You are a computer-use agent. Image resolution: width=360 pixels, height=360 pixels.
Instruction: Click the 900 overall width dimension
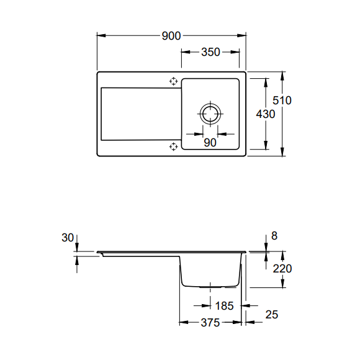coord(171,36)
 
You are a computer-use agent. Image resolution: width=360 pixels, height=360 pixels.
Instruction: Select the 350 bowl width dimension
coord(210,52)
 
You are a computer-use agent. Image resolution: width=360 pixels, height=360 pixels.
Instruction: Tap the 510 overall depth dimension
coord(282,101)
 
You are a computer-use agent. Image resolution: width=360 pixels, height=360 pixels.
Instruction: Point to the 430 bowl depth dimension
coord(266,114)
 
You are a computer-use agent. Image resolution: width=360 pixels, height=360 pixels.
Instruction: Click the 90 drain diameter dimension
coord(210,143)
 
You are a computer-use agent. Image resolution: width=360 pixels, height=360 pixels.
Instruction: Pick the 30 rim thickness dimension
coord(68,238)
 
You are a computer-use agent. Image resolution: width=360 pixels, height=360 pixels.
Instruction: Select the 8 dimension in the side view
coord(274,236)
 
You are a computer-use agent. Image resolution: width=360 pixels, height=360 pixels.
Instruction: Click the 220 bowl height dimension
coord(282,269)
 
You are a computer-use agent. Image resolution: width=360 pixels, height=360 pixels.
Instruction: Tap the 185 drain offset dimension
coord(224,306)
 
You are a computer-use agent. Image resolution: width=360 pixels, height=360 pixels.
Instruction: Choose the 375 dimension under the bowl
coord(210,323)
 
